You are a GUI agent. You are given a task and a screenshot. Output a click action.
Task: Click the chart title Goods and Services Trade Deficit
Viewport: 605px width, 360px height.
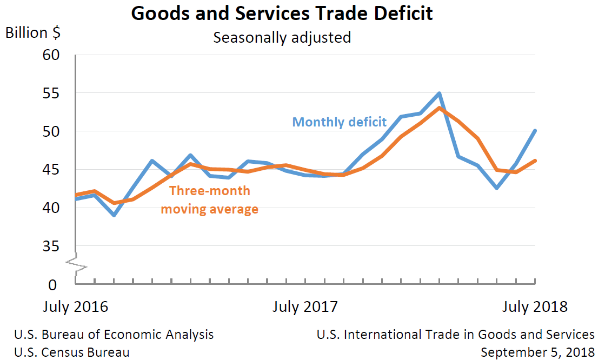pyautogui.click(x=282, y=13)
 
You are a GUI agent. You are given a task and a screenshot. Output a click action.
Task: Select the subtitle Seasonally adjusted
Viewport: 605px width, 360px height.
pyautogui.click(x=282, y=38)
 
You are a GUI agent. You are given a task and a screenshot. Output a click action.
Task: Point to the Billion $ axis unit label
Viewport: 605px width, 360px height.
pyautogui.click(x=33, y=33)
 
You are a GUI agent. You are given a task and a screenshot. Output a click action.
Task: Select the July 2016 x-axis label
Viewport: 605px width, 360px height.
pyautogui.click(x=75, y=307)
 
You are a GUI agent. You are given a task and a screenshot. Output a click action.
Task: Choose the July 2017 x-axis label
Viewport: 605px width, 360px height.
pyautogui.click(x=305, y=307)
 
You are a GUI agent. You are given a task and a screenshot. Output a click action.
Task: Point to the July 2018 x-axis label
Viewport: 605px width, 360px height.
pyautogui.click(x=535, y=307)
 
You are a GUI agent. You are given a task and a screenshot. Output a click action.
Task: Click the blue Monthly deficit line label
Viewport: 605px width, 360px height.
pyautogui.click(x=340, y=122)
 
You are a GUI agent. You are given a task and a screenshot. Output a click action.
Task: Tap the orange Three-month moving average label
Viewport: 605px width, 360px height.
pyautogui.click(x=209, y=199)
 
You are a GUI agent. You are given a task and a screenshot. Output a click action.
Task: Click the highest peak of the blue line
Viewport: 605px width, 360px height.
pyautogui.click(x=440, y=94)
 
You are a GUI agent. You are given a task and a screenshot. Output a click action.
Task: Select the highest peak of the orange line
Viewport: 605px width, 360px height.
pyautogui.click(x=440, y=108)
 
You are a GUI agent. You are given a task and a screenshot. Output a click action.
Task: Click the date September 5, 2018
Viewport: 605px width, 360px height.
pyautogui.click(x=537, y=352)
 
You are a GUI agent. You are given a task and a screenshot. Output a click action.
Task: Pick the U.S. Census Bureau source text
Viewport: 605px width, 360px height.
pyautogui.click(x=72, y=352)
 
